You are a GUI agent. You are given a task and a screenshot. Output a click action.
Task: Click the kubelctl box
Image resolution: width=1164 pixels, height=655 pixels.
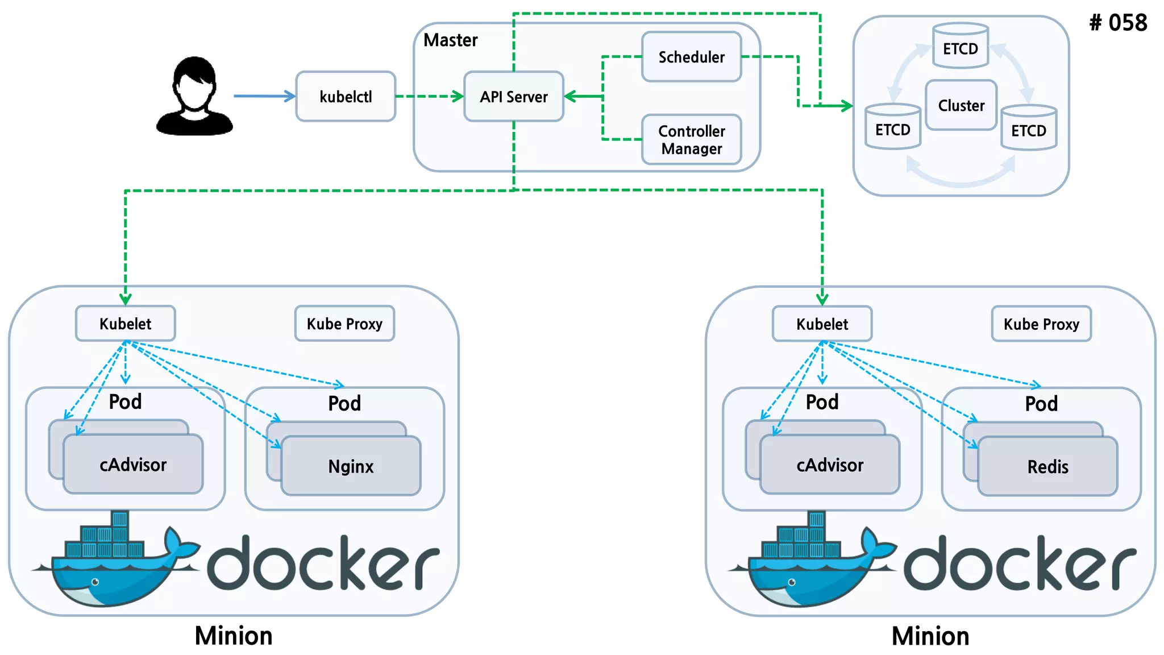click(x=346, y=97)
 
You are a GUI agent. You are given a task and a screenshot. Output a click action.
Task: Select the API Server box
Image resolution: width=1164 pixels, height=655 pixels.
click(x=513, y=97)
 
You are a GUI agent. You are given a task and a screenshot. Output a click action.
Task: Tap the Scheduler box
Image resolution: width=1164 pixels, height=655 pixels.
click(x=691, y=57)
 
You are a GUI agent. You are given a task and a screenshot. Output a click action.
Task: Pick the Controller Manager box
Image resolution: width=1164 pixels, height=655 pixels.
click(x=691, y=140)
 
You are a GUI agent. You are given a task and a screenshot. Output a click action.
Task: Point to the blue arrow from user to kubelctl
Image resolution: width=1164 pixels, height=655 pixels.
click(x=264, y=96)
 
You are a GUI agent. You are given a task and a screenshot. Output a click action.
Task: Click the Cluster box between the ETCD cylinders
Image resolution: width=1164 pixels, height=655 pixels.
click(x=961, y=105)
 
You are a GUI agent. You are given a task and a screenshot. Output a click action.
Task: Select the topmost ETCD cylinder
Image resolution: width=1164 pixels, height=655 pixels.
click(x=961, y=46)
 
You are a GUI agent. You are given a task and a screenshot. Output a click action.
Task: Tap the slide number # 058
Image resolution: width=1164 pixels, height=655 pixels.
click(x=1117, y=23)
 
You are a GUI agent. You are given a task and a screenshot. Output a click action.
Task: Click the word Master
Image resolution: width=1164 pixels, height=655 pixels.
click(x=450, y=40)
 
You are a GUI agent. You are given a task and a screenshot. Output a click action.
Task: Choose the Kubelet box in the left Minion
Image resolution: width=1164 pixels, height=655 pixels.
click(x=125, y=324)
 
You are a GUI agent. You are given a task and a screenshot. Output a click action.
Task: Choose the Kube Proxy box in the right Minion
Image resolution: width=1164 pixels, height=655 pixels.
click(x=1041, y=324)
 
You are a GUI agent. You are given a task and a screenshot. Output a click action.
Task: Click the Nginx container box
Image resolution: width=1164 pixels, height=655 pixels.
click(x=351, y=466)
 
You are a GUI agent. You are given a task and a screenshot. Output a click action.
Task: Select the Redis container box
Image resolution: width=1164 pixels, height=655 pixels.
click(x=1047, y=467)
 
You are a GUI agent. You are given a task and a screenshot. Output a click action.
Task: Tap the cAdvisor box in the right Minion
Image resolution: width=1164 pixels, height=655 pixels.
click(x=829, y=465)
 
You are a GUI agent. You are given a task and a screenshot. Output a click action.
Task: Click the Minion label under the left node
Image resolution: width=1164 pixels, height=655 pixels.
click(x=233, y=636)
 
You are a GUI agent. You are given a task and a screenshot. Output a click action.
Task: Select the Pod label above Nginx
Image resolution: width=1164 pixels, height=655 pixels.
click(x=344, y=403)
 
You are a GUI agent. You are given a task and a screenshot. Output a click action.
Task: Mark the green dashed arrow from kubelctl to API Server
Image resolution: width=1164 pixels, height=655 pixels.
click(x=429, y=97)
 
